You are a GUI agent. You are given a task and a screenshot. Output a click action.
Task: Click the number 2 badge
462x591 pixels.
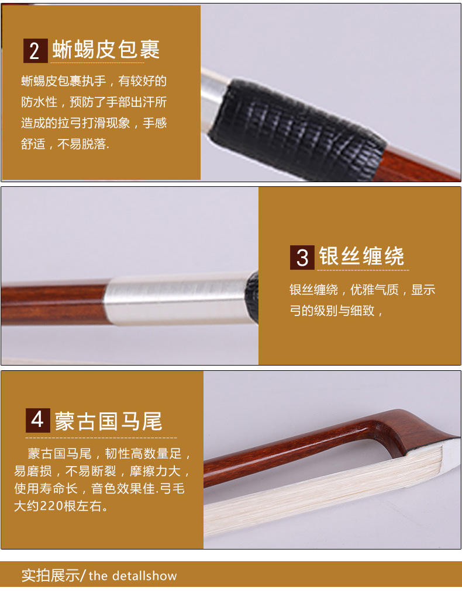36,50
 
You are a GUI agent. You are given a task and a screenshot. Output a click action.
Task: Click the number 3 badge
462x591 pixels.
302,258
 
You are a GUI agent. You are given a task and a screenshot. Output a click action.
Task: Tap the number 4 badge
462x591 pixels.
37,420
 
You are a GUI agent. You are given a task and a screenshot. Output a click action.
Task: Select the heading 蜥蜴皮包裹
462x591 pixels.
106,50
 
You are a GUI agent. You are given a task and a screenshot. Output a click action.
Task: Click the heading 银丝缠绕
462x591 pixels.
361,256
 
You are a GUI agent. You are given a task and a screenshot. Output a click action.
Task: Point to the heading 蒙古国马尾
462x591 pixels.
109,420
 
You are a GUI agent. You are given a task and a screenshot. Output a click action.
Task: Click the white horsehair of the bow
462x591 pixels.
321,493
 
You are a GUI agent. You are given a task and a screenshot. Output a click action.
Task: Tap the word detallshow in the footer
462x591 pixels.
144,576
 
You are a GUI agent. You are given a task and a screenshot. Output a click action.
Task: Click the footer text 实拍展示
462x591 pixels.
50,576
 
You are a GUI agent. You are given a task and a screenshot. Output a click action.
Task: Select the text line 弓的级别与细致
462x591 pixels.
332,311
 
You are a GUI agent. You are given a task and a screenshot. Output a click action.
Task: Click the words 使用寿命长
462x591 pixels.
46,488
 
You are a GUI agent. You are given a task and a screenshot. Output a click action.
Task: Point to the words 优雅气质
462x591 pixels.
374,290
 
